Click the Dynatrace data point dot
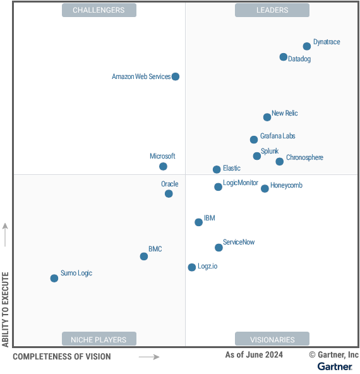coord(307,46)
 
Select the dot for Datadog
coord(284,57)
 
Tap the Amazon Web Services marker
coord(176,76)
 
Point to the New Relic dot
coord(267,117)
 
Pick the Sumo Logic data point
coord(54,278)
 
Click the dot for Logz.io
coord(192,267)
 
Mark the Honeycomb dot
coord(265,188)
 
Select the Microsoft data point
coord(163,167)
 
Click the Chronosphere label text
coord(304,158)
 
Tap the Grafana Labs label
coord(277,136)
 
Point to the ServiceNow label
coord(239,242)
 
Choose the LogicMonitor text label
coord(241,183)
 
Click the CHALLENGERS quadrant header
coord(99,10)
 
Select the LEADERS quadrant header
coord(272,10)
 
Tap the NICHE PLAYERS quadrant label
coord(99,339)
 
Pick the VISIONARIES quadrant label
coord(272,339)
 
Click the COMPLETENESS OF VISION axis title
coord(61,357)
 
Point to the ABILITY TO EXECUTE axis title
coord(6,310)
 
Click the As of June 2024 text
coord(254,355)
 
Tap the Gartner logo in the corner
coord(335,366)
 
